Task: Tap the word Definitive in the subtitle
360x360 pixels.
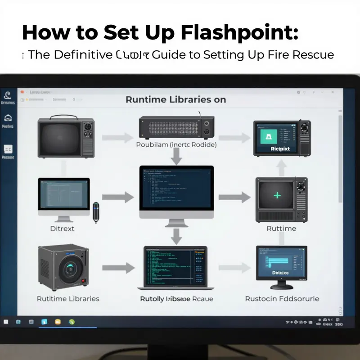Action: coord(83,55)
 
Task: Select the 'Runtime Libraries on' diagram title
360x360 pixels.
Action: coord(175,99)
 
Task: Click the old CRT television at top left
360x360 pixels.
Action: coord(66,137)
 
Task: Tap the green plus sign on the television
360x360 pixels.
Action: coord(277,195)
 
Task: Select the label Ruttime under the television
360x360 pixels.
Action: coord(281,228)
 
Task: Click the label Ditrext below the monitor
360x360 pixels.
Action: coord(62,228)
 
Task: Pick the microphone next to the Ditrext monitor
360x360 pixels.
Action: coord(95,212)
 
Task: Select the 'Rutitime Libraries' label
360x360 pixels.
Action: coord(68,298)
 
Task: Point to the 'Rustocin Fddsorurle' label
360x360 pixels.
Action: coord(282,298)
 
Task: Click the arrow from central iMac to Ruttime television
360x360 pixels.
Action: coord(234,197)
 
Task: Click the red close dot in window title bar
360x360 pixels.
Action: coord(21,92)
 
